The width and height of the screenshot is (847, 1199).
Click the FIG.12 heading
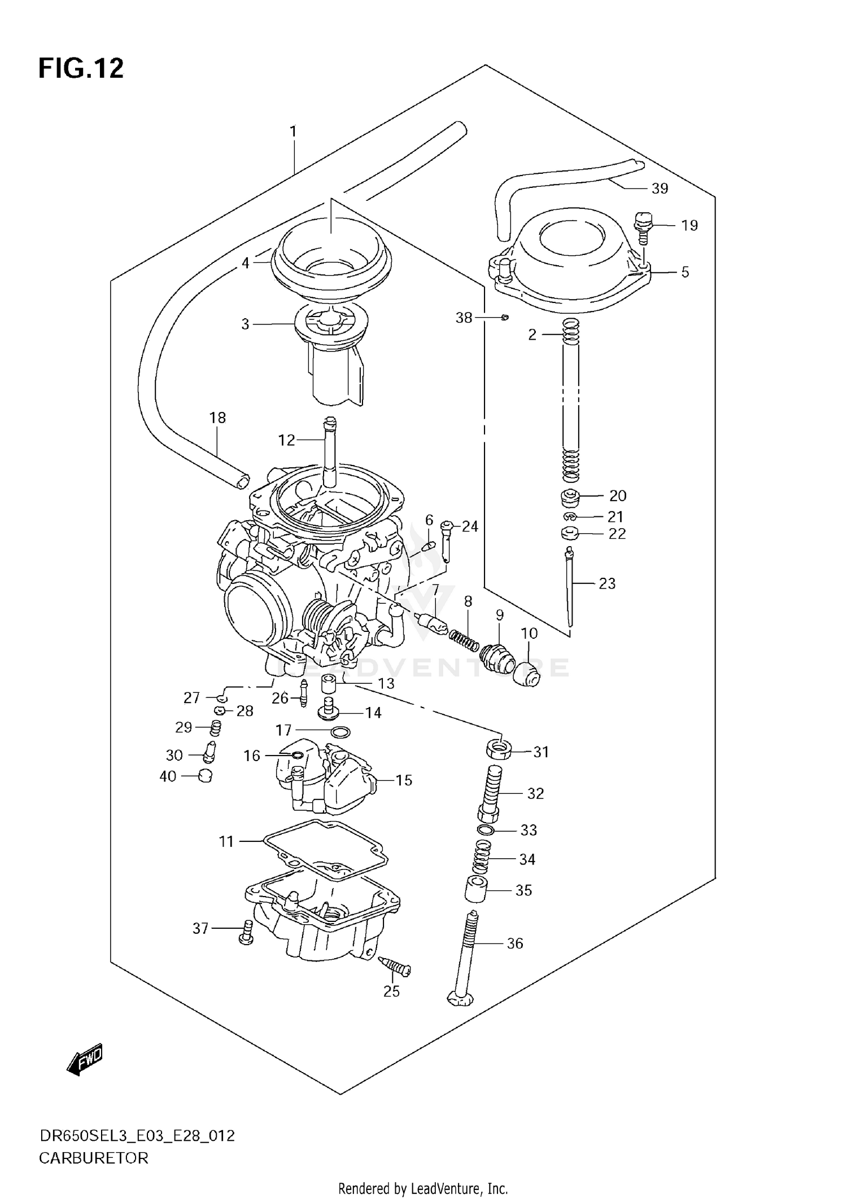81,69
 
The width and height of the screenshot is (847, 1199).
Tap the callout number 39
660,188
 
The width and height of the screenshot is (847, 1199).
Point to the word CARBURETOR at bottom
94,1158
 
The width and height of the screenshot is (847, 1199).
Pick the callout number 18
217,418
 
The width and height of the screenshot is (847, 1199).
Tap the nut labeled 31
499,750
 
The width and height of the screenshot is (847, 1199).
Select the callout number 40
168,776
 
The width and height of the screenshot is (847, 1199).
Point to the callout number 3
245,324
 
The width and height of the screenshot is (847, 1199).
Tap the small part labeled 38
505,318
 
